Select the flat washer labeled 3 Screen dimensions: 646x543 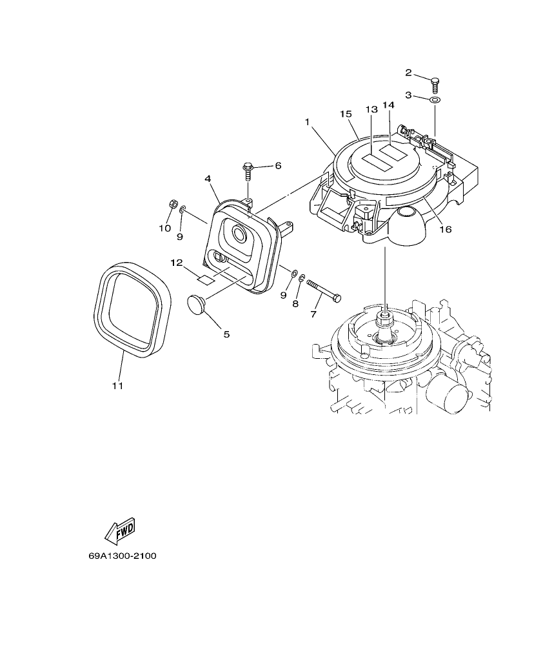(x=435, y=100)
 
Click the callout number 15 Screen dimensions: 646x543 (x=345, y=114)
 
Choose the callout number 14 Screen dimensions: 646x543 (x=388, y=105)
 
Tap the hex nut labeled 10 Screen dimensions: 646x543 (x=172, y=205)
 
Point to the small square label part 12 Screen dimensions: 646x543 (x=205, y=279)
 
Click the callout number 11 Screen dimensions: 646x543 (x=117, y=386)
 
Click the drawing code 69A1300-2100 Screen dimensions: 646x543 (x=123, y=556)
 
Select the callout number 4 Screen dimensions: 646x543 (x=208, y=178)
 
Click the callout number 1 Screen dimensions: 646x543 (x=308, y=121)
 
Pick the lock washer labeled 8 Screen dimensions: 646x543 (x=302, y=278)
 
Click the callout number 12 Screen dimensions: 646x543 (x=177, y=263)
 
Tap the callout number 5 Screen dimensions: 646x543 (x=226, y=334)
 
